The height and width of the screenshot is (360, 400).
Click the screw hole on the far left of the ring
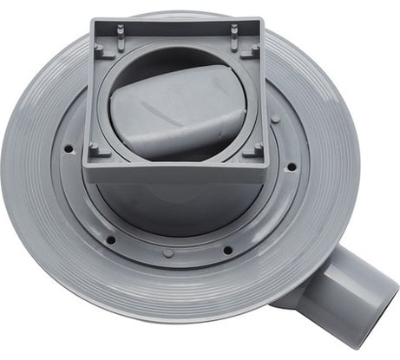tap(69, 149)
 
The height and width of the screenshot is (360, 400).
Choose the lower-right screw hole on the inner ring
tap(227, 250)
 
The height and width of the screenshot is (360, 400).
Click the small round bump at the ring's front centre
tap(167, 254)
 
